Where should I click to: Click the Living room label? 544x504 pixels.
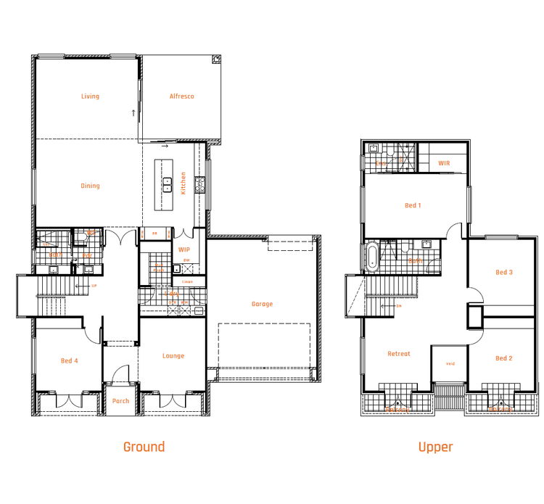tap(90, 96)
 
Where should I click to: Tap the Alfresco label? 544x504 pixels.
tap(181, 96)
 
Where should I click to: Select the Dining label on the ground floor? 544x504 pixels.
tap(90, 186)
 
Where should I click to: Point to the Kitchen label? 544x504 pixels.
tap(184, 183)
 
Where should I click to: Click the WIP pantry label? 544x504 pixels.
tap(184, 249)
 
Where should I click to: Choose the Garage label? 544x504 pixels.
tap(262, 304)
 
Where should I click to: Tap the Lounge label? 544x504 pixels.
tap(173, 356)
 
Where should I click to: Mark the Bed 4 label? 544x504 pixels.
tap(69, 360)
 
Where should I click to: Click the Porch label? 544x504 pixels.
tap(120, 401)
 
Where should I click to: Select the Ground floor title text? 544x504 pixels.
tap(144, 447)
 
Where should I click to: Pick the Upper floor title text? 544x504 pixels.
tap(435, 447)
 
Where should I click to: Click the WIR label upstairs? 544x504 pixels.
tap(444, 163)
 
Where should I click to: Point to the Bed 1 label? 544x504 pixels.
tap(413, 206)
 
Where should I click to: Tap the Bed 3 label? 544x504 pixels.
tap(504, 273)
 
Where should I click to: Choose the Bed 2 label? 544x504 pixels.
tap(504, 358)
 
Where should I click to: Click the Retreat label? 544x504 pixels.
tap(399, 354)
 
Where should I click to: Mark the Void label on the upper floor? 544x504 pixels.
tap(450, 364)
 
